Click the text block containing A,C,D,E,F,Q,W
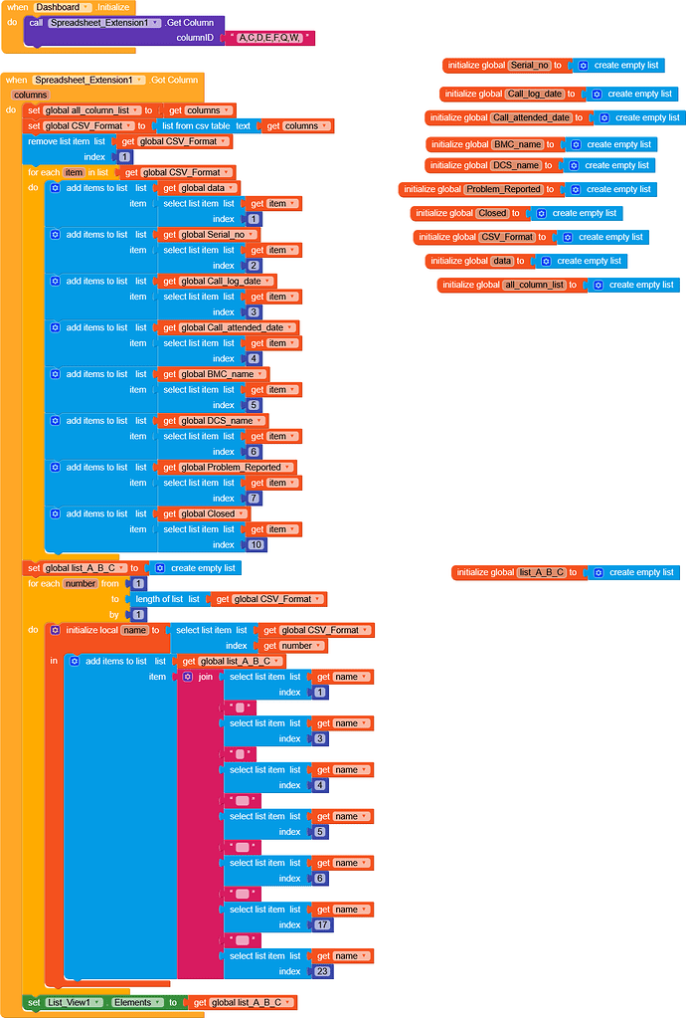click(270, 38)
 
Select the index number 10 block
click(257, 545)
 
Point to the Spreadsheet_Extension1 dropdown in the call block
click(104, 22)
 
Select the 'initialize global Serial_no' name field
click(529, 66)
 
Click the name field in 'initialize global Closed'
click(492, 213)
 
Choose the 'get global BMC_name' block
click(214, 374)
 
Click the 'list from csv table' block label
click(196, 126)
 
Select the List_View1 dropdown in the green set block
click(75, 1002)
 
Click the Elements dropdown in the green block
click(137, 1002)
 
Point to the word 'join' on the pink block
click(205, 677)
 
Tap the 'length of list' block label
click(159, 599)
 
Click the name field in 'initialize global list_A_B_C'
click(542, 572)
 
